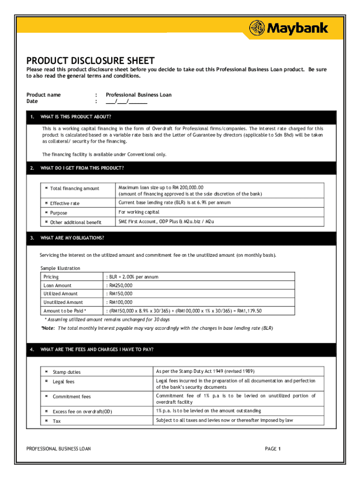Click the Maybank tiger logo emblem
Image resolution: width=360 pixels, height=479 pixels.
pyautogui.click(x=258, y=28)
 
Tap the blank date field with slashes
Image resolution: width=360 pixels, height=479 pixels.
pyautogui.click(x=127, y=101)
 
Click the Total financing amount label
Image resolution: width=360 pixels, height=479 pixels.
pyautogui.click(x=74, y=189)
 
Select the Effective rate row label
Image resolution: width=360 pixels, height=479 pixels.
pyautogui.click(x=65, y=203)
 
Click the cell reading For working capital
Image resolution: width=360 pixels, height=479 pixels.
pyautogui.click(x=139, y=212)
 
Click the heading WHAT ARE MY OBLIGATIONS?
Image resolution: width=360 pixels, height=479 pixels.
pyautogui.click(x=72, y=238)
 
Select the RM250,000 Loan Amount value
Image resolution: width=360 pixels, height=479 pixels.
pyautogui.click(x=120, y=285)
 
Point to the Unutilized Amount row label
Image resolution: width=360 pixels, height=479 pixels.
pyautogui.click(x=63, y=302)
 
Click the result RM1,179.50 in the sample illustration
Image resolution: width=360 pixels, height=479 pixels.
pyautogui.click(x=249, y=311)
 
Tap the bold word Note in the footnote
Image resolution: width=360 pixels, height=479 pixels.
pyautogui.click(x=48, y=328)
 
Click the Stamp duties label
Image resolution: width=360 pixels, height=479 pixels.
pyautogui.click(x=66, y=372)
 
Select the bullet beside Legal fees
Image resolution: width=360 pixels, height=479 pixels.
pyautogui.click(x=47, y=382)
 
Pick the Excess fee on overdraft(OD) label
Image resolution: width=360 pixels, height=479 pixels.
pyautogui.click(x=82, y=412)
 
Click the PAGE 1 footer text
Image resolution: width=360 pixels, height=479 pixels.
pyautogui.click(x=273, y=449)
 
